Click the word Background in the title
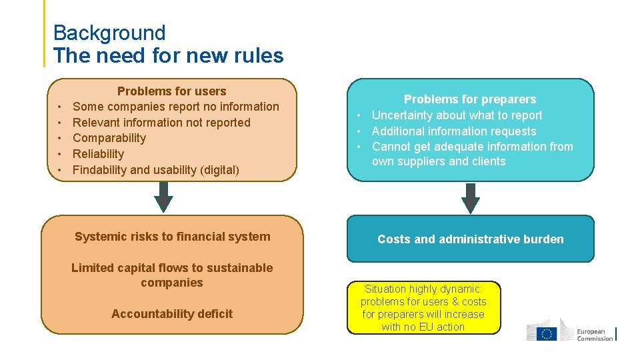[x=109, y=33]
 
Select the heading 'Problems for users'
[x=171, y=91]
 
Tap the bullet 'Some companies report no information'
[x=175, y=107]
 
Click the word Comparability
[x=109, y=138]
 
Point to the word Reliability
[x=98, y=154]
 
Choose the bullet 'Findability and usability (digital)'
[x=155, y=170]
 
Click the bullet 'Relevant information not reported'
[x=161, y=123]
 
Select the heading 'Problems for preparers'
[x=470, y=99]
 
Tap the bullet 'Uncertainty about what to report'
[x=457, y=115]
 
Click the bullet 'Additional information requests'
[x=453, y=131]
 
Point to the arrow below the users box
[x=163, y=197]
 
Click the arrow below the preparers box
[x=471, y=198]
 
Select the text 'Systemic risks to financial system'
[x=172, y=237]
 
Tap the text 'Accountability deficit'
[x=172, y=314]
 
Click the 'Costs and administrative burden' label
[x=470, y=239]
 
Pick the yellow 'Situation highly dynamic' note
[x=423, y=307]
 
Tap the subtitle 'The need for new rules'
[x=168, y=56]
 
